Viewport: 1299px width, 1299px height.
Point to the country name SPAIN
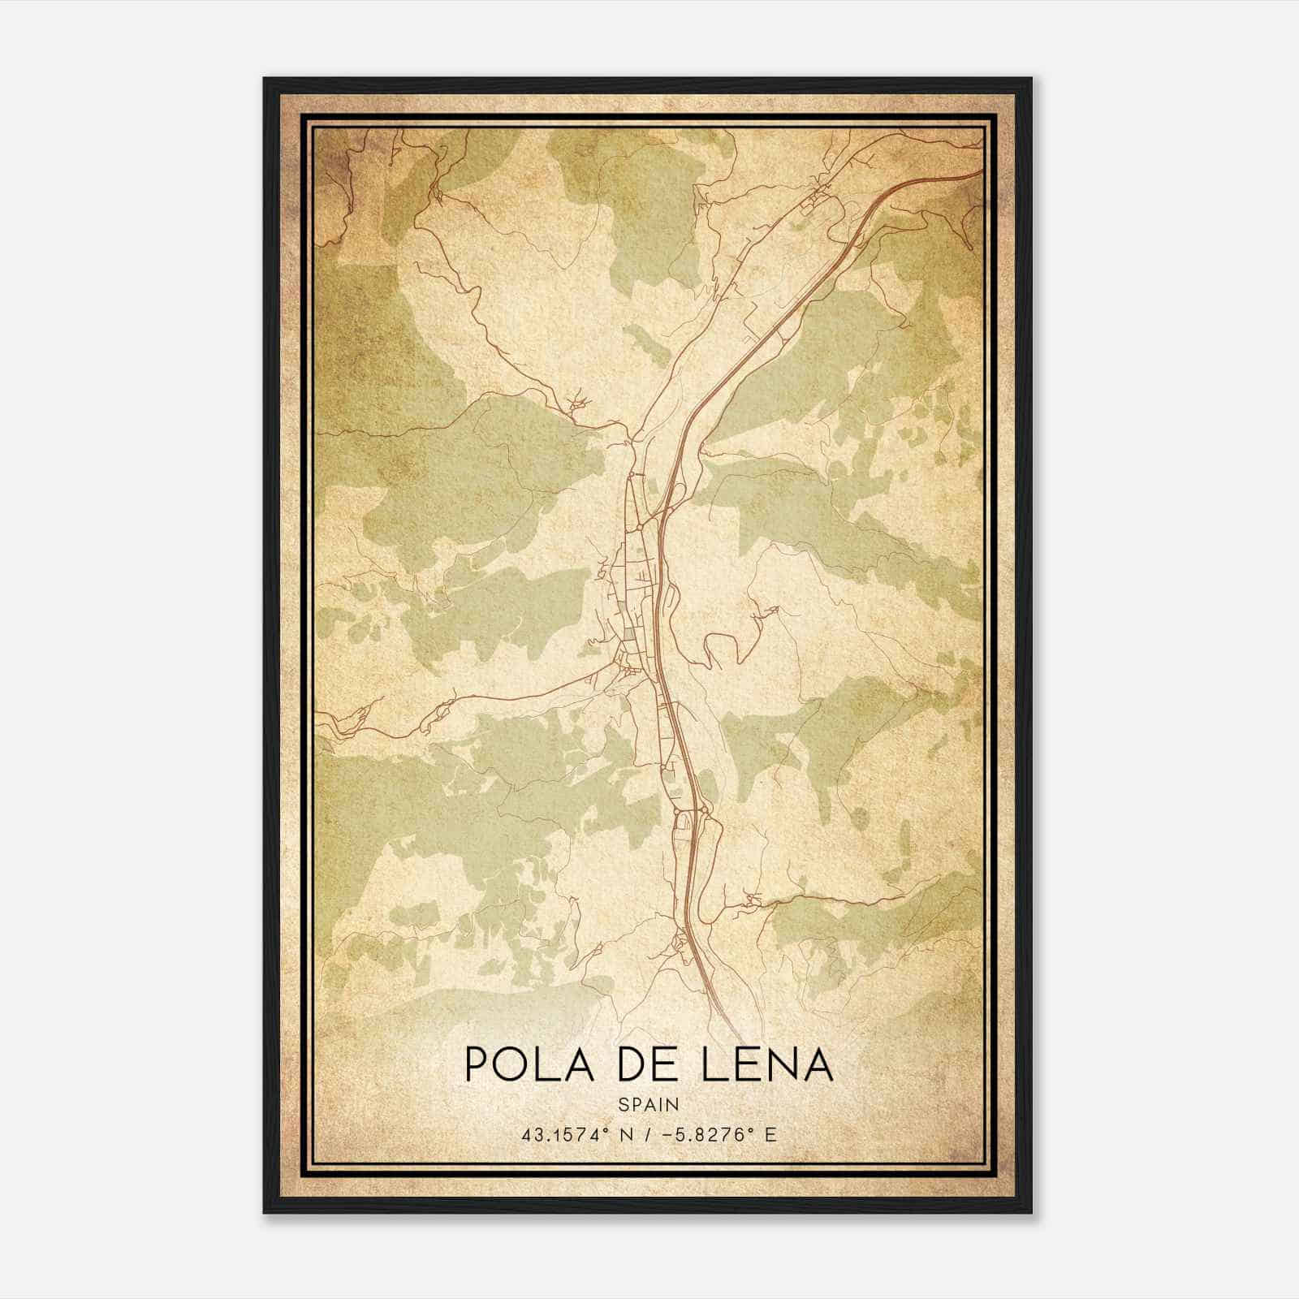(x=649, y=1104)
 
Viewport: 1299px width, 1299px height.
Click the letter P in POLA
(x=476, y=1064)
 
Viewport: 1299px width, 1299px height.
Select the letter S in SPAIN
(x=623, y=1104)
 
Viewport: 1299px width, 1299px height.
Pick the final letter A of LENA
(x=819, y=1064)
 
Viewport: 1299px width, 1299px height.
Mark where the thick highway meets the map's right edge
(x=982, y=173)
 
